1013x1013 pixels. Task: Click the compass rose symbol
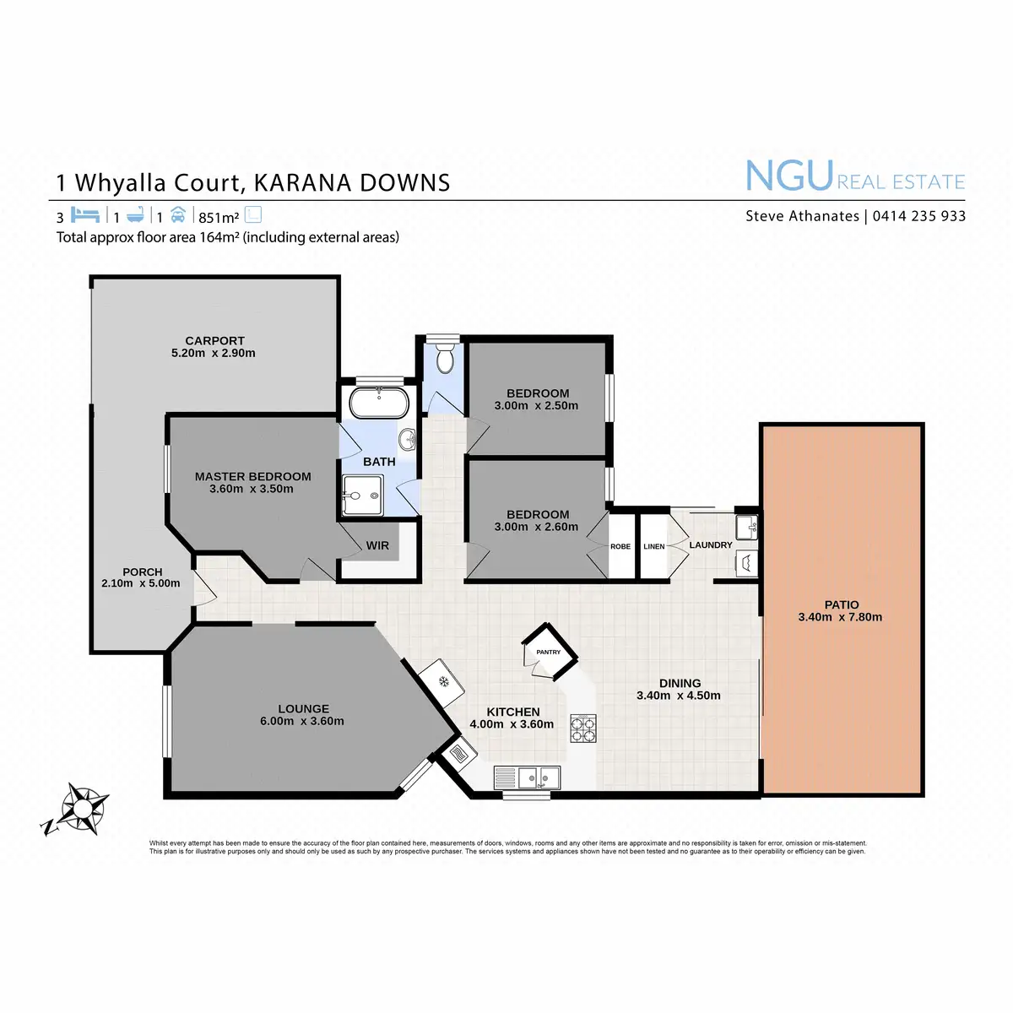tap(82, 809)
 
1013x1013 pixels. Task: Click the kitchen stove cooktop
tap(582, 728)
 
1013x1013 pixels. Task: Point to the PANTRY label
tap(548, 652)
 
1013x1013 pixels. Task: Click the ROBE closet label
tap(620, 547)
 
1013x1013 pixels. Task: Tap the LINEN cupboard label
tap(653, 547)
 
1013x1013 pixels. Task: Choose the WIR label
tap(377, 546)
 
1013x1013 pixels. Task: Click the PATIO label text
tap(841, 604)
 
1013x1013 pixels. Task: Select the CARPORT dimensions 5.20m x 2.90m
tap(213, 353)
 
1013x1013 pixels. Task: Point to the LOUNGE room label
tap(303, 709)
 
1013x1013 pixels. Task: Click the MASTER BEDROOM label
tap(252, 476)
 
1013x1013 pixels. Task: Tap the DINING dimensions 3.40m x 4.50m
tap(679, 696)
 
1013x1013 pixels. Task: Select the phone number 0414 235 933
tap(919, 216)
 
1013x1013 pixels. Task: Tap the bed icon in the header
tap(86, 214)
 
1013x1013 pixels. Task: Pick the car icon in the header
tap(177, 214)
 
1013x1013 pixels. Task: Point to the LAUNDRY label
tap(711, 545)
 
